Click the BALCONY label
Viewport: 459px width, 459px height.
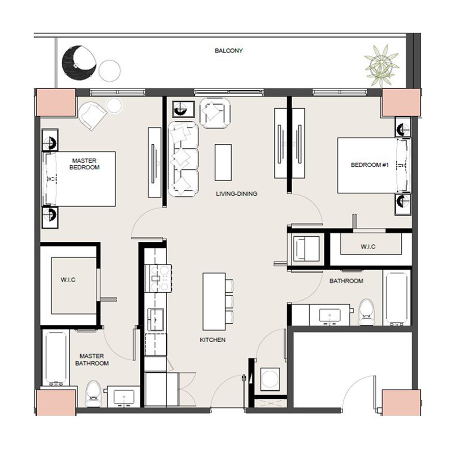[228, 51]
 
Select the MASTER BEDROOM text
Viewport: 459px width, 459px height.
[85, 164]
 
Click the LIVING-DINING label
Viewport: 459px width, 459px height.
[236, 194]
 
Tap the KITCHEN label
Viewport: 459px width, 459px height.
[213, 340]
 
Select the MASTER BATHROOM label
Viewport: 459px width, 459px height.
[92, 360]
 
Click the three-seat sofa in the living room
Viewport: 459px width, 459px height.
[183, 159]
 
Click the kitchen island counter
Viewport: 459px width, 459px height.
[214, 301]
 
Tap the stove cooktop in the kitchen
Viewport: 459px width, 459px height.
[160, 278]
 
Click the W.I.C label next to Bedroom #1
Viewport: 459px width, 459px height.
[368, 247]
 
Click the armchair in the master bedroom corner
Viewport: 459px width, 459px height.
[93, 115]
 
